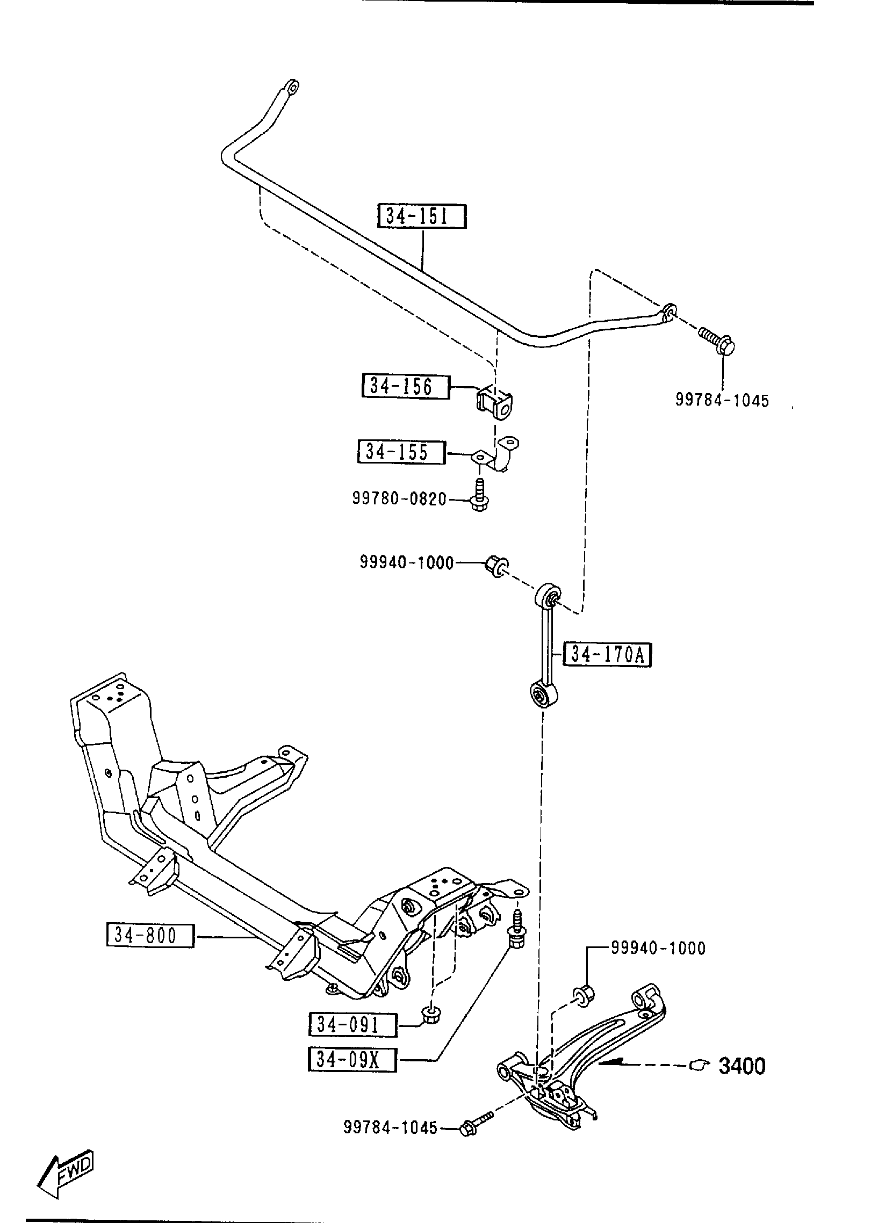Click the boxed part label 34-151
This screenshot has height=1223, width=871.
click(422, 218)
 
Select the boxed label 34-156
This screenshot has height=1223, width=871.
click(406, 386)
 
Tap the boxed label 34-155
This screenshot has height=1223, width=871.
click(401, 452)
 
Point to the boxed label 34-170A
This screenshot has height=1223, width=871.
click(608, 655)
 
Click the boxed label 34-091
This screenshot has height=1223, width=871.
click(352, 1025)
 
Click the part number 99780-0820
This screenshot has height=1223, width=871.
click(399, 499)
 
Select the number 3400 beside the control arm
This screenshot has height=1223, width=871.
click(742, 1066)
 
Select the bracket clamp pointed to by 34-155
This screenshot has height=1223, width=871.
click(499, 455)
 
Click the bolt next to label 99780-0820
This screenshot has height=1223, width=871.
click(479, 495)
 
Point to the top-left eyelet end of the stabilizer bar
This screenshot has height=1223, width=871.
click(291, 88)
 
